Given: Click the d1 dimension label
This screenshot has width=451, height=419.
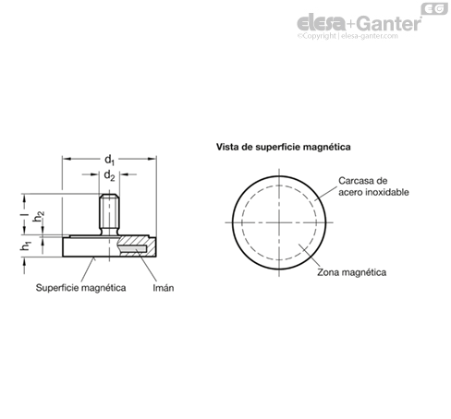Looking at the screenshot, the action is (x=109, y=160).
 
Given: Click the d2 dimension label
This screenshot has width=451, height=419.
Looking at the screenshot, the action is (x=109, y=175).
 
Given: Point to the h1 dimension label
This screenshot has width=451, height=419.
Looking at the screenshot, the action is (x=26, y=245).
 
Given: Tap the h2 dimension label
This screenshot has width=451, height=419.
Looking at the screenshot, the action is (x=39, y=217).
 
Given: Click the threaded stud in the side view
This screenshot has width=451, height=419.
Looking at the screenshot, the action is (x=109, y=215).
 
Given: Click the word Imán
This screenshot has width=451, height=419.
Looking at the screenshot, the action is (x=164, y=288).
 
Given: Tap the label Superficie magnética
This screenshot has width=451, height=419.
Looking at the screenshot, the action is (x=80, y=288).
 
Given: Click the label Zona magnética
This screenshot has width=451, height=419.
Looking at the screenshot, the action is (x=351, y=272).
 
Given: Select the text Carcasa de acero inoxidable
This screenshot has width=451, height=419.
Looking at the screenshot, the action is (x=373, y=186).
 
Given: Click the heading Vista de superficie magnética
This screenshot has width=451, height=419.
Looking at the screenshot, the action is (x=283, y=147).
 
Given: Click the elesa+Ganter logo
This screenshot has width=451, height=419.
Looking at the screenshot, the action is (x=359, y=23).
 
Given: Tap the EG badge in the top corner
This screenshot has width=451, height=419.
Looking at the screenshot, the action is (x=434, y=8).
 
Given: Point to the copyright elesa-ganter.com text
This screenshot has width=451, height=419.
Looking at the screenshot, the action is (x=347, y=36).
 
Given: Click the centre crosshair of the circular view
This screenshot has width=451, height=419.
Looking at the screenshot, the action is (x=279, y=222).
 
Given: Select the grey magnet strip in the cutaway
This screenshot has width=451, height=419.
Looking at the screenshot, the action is (x=132, y=248).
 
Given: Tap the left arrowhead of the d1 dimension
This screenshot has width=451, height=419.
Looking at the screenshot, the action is (x=67, y=159).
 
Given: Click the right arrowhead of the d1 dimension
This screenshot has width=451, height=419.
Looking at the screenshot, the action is (x=152, y=159).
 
